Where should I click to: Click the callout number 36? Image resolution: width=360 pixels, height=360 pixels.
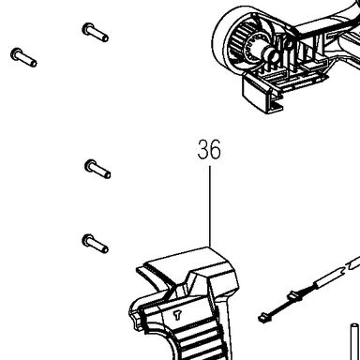(209, 150)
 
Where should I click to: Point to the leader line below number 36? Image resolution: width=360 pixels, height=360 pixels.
(210, 206)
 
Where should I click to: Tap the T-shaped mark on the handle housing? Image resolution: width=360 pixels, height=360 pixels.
(177, 315)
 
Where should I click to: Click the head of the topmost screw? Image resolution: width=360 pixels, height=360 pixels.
(88, 29)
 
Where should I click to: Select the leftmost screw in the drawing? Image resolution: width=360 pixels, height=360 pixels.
(23, 57)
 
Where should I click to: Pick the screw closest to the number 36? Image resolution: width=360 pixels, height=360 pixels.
(97, 169)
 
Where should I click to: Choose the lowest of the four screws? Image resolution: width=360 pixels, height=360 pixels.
(96, 244)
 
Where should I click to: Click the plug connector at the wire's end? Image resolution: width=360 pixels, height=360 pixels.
(263, 319)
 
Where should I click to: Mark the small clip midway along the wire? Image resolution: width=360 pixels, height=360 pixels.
(295, 296)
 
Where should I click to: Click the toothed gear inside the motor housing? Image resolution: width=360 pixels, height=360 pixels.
(241, 41)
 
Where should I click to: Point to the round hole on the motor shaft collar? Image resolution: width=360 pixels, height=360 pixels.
(275, 56)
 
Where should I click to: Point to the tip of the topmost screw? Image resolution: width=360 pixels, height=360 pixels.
(106, 38)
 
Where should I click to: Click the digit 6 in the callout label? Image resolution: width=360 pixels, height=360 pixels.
(216, 150)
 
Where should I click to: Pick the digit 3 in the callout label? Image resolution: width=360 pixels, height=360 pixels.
(203, 150)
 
